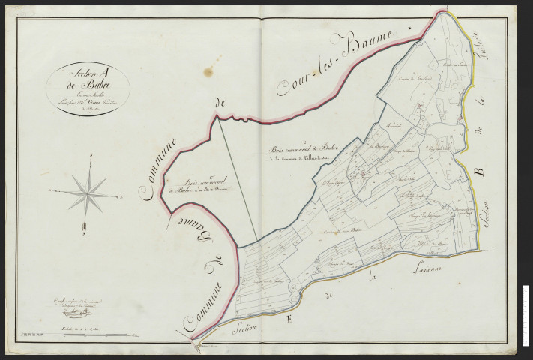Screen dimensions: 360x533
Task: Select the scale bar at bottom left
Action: point(75,320)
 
